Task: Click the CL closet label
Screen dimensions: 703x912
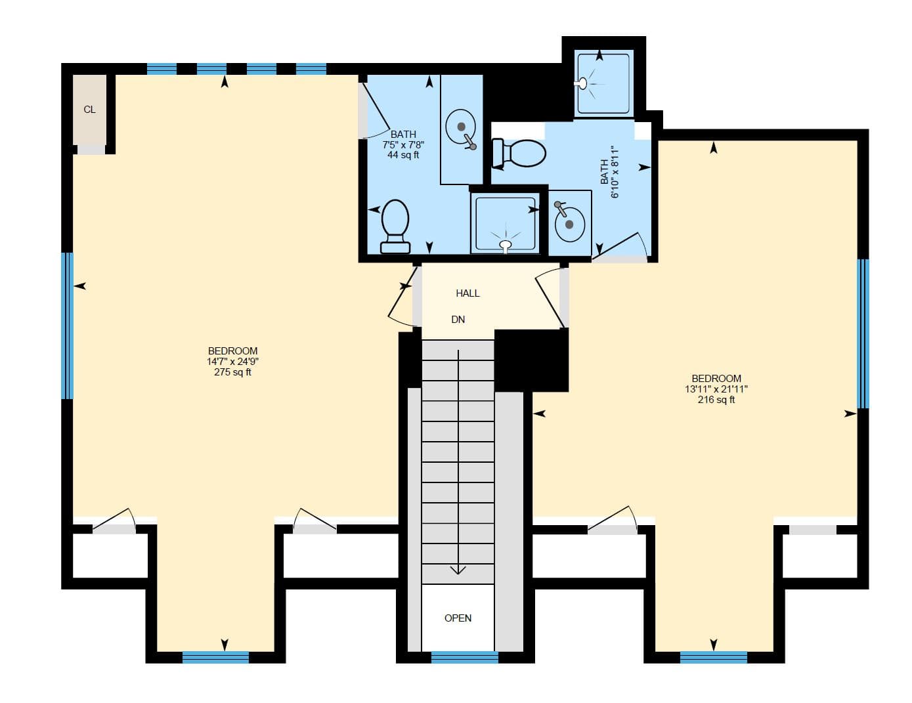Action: click(x=89, y=110)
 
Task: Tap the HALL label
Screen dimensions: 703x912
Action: click(x=467, y=293)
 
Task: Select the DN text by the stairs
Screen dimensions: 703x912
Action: click(x=458, y=320)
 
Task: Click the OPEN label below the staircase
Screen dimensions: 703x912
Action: click(x=458, y=618)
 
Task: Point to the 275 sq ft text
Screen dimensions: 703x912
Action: click(x=232, y=372)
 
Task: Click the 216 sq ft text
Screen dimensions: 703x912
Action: click(x=716, y=400)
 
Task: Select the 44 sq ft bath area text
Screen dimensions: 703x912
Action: click(x=402, y=156)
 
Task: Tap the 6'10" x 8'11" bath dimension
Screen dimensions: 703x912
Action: click(x=615, y=172)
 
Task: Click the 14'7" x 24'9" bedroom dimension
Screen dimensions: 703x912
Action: click(x=232, y=362)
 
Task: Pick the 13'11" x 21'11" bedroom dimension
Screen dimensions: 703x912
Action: click(x=716, y=389)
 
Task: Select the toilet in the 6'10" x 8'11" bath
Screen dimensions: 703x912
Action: click(x=519, y=153)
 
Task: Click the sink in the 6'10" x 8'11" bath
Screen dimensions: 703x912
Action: click(x=569, y=223)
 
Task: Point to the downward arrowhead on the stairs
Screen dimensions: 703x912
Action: click(x=458, y=569)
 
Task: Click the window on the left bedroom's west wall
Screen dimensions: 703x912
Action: click(x=67, y=326)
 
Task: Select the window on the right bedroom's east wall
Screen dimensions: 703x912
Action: click(x=863, y=333)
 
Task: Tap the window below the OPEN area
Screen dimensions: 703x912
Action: click(x=464, y=657)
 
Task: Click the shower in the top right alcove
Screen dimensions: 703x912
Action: click(x=602, y=84)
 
